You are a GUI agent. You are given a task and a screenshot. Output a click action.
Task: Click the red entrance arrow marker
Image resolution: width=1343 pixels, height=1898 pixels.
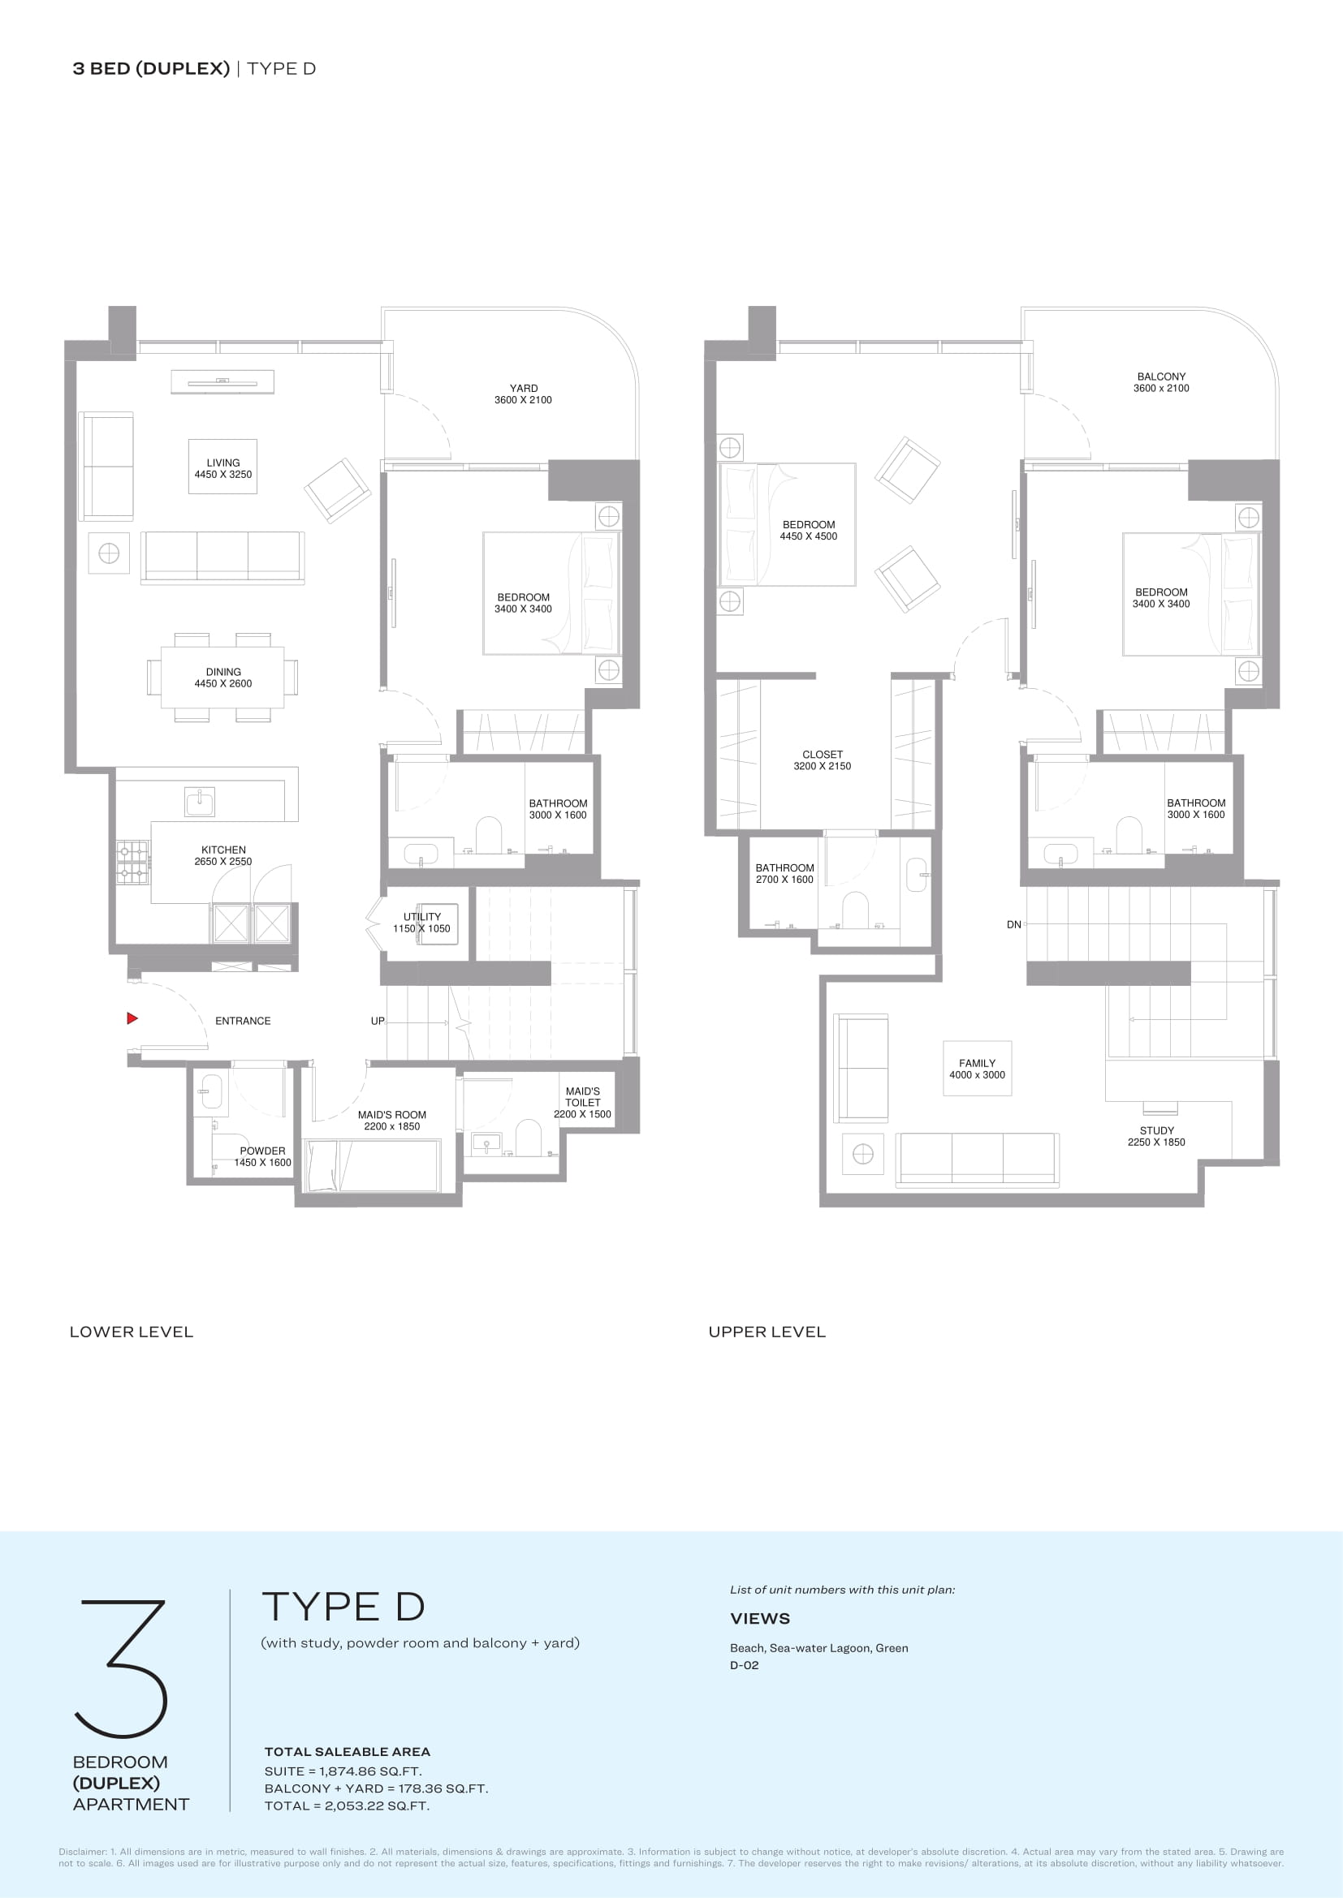click(132, 1018)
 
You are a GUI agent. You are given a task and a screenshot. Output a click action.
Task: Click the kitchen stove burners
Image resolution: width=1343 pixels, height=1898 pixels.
click(132, 862)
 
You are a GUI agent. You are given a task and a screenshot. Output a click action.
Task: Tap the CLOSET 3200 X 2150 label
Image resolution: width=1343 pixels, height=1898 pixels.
click(822, 760)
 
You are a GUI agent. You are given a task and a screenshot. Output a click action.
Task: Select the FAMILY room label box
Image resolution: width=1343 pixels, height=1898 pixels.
click(978, 1068)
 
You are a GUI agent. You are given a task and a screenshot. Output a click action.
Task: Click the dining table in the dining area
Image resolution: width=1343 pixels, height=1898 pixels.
click(222, 678)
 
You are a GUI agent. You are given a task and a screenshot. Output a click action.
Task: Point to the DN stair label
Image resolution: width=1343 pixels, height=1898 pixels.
click(1014, 924)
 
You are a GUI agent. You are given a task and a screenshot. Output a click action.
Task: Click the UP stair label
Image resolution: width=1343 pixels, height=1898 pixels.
click(377, 1021)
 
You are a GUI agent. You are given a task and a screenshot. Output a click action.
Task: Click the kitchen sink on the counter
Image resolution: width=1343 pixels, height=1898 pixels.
click(199, 802)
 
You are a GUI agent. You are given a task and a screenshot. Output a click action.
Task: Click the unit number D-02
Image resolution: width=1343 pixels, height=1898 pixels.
click(745, 1665)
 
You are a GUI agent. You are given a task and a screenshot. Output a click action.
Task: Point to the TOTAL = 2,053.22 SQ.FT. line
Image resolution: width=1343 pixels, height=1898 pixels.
click(348, 1805)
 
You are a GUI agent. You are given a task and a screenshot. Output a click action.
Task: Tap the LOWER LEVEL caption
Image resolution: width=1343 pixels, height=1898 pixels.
click(132, 1332)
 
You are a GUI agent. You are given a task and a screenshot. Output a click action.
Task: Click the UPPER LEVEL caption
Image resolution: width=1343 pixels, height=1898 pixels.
click(767, 1332)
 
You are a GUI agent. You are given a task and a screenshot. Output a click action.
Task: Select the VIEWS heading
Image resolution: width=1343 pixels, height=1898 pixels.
click(760, 1619)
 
